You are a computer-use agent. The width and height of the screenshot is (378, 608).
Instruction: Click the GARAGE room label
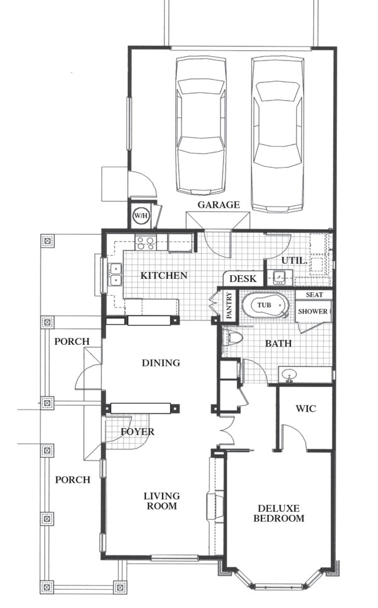[219, 205]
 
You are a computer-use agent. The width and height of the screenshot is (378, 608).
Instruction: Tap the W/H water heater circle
[140, 216]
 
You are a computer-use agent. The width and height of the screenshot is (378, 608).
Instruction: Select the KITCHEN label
[164, 276]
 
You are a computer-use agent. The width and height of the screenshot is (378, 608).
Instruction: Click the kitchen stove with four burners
[146, 243]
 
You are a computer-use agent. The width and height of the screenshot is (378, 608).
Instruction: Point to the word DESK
[243, 278]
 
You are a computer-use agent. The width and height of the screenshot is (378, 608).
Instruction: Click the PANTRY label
[229, 305]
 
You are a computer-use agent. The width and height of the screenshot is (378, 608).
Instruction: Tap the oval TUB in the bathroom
[266, 305]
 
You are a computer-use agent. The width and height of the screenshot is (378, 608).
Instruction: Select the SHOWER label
[312, 312]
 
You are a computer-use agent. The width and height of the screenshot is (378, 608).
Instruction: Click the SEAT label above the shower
[314, 295]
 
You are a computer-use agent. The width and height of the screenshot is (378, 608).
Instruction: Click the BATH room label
[278, 344]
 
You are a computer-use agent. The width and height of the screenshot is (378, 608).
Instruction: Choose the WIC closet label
[306, 408]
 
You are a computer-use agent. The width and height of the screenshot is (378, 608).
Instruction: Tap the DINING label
[161, 363]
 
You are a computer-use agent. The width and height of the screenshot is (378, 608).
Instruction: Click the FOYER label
[137, 432]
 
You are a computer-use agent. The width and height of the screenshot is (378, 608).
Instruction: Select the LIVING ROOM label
[162, 501]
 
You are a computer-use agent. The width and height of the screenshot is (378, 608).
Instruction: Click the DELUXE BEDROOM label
[278, 514]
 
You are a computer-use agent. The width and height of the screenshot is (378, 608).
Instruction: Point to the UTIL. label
[294, 261]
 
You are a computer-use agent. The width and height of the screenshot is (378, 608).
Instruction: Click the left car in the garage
[200, 125]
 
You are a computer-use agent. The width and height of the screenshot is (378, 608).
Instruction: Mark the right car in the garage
[277, 135]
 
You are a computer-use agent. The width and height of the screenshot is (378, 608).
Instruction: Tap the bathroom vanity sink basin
[289, 375]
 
